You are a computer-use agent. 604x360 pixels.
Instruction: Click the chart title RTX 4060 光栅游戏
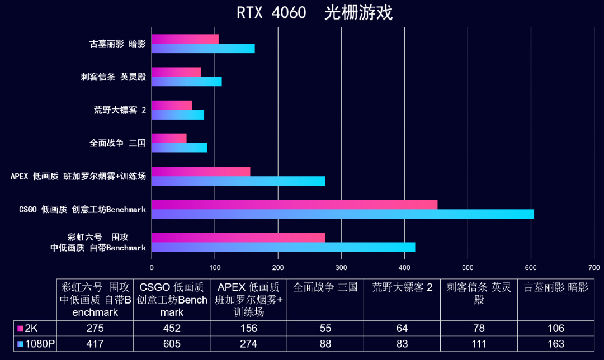point(314,13)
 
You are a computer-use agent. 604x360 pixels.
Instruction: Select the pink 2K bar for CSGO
point(294,205)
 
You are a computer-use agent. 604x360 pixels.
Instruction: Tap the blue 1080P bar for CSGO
point(342,214)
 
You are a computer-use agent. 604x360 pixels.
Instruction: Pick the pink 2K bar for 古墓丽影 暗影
point(185,39)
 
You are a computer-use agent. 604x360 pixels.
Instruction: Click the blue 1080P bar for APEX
point(238,181)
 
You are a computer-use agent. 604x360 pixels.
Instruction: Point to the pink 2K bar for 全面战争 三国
point(169,138)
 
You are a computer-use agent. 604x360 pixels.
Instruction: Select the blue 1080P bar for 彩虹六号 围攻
point(283,247)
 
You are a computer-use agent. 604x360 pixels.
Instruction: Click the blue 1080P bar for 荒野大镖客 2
point(178,115)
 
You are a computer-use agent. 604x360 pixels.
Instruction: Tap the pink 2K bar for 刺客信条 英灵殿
point(176,72)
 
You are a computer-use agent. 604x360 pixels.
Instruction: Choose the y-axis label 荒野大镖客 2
point(120,110)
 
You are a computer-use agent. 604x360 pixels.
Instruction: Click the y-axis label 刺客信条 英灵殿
point(113,77)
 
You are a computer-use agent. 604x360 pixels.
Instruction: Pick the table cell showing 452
point(172,328)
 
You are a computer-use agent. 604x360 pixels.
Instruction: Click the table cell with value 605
point(172,344)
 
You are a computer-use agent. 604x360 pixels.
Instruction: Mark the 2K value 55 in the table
point(325,328)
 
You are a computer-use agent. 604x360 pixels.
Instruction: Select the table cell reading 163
point(556,344)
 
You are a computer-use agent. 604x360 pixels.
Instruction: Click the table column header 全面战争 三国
point(325,288)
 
